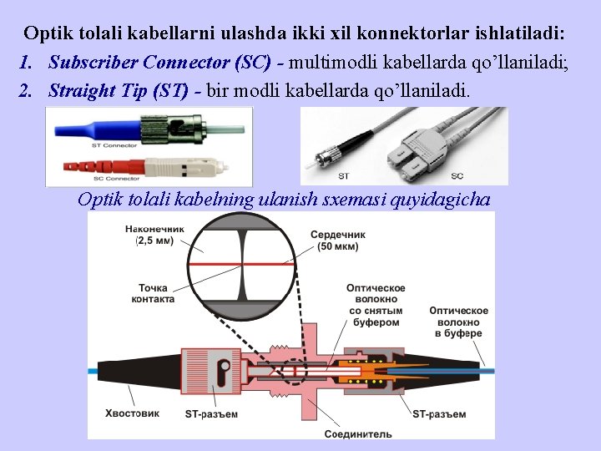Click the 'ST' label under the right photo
[344, 176]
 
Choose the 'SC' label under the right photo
[457, 176]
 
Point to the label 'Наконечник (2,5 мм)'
[154, 235]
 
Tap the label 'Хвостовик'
[132, 413]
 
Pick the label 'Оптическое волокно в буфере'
[458, 322]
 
